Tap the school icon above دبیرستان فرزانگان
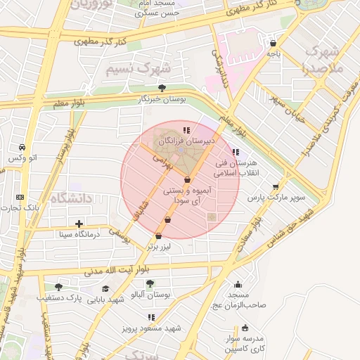coord(186,130)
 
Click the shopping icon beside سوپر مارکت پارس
coord(276,186)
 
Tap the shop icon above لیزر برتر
coord(159,236)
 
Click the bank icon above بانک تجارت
coord(20,197)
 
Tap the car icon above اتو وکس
coord(23,147)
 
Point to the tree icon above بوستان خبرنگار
coord(162,88)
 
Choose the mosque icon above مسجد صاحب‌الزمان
coord(238,285)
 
